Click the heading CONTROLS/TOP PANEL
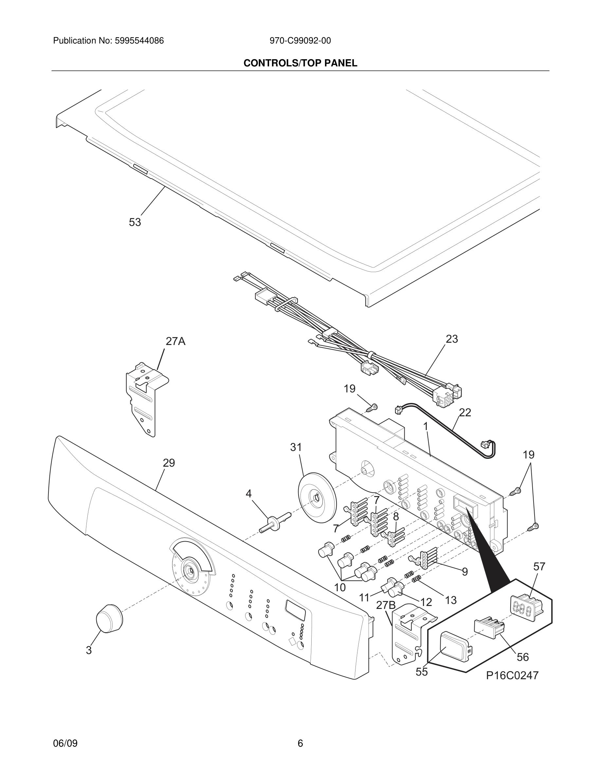(x=300, y=63)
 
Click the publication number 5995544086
(x=139, y=41)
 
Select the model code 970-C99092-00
(x=300, y=41)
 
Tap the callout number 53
(x=135, y=222)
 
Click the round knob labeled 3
(x=109, y=618)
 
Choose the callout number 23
(x=451, y=339)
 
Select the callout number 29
(x=169, y=463)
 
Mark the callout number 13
(x=450, y=600)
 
